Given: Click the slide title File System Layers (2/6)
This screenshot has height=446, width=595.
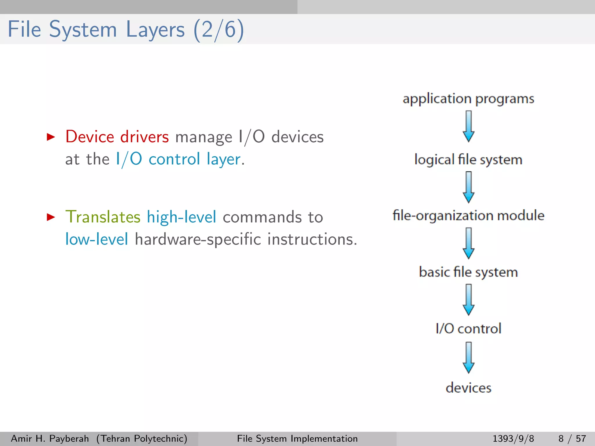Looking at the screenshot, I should tap(126, 30).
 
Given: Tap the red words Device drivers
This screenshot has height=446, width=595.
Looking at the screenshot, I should tap(117, 137).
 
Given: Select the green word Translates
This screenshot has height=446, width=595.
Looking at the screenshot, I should tap(103, 217).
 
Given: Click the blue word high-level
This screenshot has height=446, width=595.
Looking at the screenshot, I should tap(182, 217).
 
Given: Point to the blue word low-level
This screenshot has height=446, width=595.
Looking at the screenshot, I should tap(96, 239).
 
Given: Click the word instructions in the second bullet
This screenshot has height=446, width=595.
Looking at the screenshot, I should tap(312, 239).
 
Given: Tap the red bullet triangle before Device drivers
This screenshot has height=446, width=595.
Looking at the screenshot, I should tap(51, 137).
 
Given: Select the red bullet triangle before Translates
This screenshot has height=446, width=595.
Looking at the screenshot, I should tap(51, 217).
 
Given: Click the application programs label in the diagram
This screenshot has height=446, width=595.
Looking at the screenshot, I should tap(468, 99).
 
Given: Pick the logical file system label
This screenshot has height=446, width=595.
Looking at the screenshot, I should tap(468, 160).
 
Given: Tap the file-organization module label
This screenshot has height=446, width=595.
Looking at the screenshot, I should tap(468, 215).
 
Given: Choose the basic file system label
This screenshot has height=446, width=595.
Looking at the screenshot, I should tap(468, 272).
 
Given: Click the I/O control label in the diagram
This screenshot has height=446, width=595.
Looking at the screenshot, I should tap(468, 328).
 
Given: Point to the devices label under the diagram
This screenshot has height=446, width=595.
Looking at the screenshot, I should tap(468, 388).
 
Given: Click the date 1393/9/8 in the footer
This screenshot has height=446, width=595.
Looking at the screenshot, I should tap(513, 438).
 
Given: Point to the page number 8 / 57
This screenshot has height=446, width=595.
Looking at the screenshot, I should tap(572, 438).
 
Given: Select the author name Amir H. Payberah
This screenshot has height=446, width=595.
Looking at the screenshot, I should tap(50, 438).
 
